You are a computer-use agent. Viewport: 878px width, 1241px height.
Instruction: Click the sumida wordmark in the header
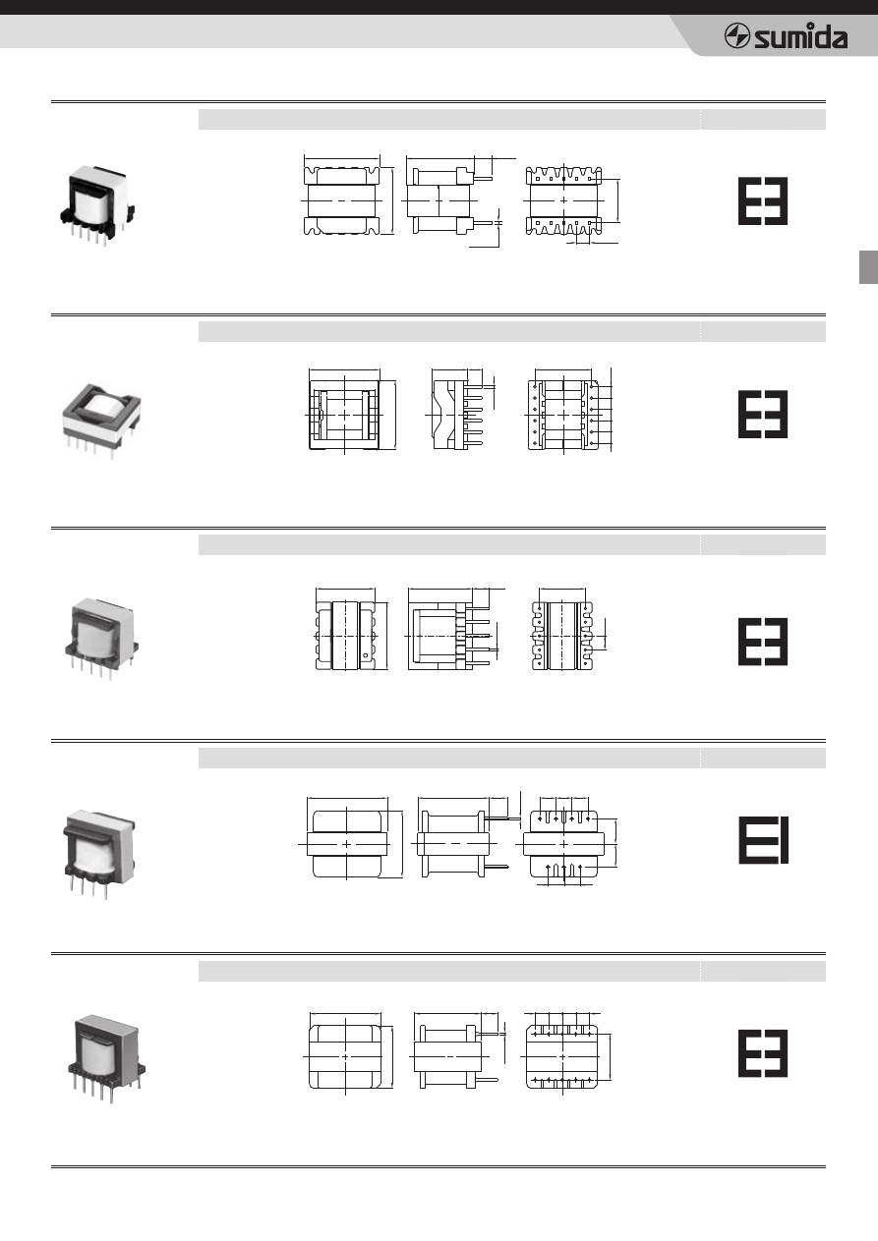coord(800,36)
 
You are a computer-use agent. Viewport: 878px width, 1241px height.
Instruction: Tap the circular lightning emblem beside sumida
coord(737,36)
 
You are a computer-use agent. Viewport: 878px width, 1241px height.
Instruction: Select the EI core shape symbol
coord(763,839)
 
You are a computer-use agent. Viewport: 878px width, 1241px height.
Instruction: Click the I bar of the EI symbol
coord(784,839)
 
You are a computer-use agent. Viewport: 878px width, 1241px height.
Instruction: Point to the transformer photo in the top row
coord(97,205)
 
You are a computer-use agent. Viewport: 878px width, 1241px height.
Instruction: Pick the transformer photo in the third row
coord(101,639)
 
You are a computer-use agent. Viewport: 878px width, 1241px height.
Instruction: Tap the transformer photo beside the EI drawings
coord(99,854)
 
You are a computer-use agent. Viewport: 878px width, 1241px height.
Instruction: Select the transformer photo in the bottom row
coord(107,1058)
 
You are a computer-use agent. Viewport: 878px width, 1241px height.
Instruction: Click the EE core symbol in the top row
coord(763,201)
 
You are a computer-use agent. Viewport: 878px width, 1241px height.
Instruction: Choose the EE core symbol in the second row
coord(763,415)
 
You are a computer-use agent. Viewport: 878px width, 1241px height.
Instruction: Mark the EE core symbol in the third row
coord(763,642)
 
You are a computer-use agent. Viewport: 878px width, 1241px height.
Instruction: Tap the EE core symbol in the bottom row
coord(763,1053)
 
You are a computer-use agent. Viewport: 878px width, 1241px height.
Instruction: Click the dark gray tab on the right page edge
coord(868,267)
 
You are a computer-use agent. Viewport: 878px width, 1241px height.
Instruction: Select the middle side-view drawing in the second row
coord(460,410)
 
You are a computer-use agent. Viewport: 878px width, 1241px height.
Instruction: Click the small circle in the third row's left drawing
coord(366,656)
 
